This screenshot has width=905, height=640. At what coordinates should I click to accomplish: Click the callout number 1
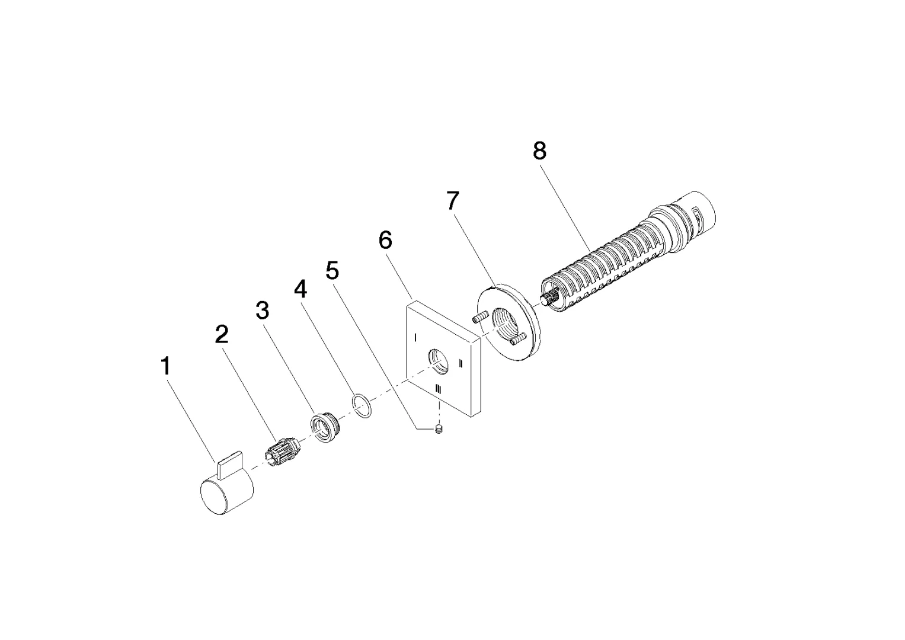tap(166, 366)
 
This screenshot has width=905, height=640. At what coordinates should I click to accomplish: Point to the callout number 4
tap(301, 290)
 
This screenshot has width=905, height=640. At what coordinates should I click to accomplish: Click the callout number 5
tap(332, 271)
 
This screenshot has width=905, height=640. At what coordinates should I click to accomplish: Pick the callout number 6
tap(385, 241)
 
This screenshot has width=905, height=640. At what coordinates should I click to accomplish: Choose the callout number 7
tap(452, 201)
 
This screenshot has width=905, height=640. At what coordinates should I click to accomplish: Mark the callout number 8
tap(539, 151)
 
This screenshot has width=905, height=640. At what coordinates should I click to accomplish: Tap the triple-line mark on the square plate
tap(438, 389)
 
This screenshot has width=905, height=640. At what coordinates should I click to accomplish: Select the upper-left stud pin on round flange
tap(479, 318)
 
